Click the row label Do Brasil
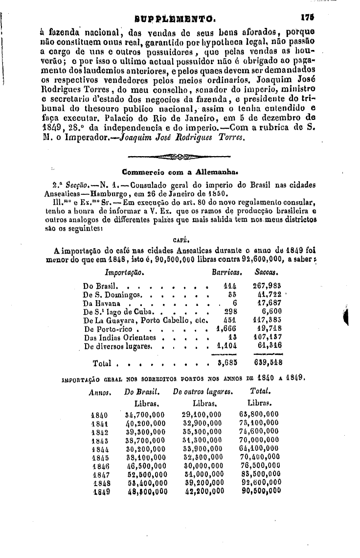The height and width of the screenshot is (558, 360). click(x=98, y=286)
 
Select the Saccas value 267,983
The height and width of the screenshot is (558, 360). click(x=269, y=286)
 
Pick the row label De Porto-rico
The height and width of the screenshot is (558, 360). click(x=108, y=329)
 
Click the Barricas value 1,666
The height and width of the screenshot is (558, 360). click(x=226, y=329)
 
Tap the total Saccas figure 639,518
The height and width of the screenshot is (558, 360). click(x=268, y=363)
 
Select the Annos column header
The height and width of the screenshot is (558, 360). click(x=101, y=393)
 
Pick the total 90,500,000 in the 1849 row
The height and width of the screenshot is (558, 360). click(x=261, y=492)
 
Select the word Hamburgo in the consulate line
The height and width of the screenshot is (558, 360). click(x=112, y=193)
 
